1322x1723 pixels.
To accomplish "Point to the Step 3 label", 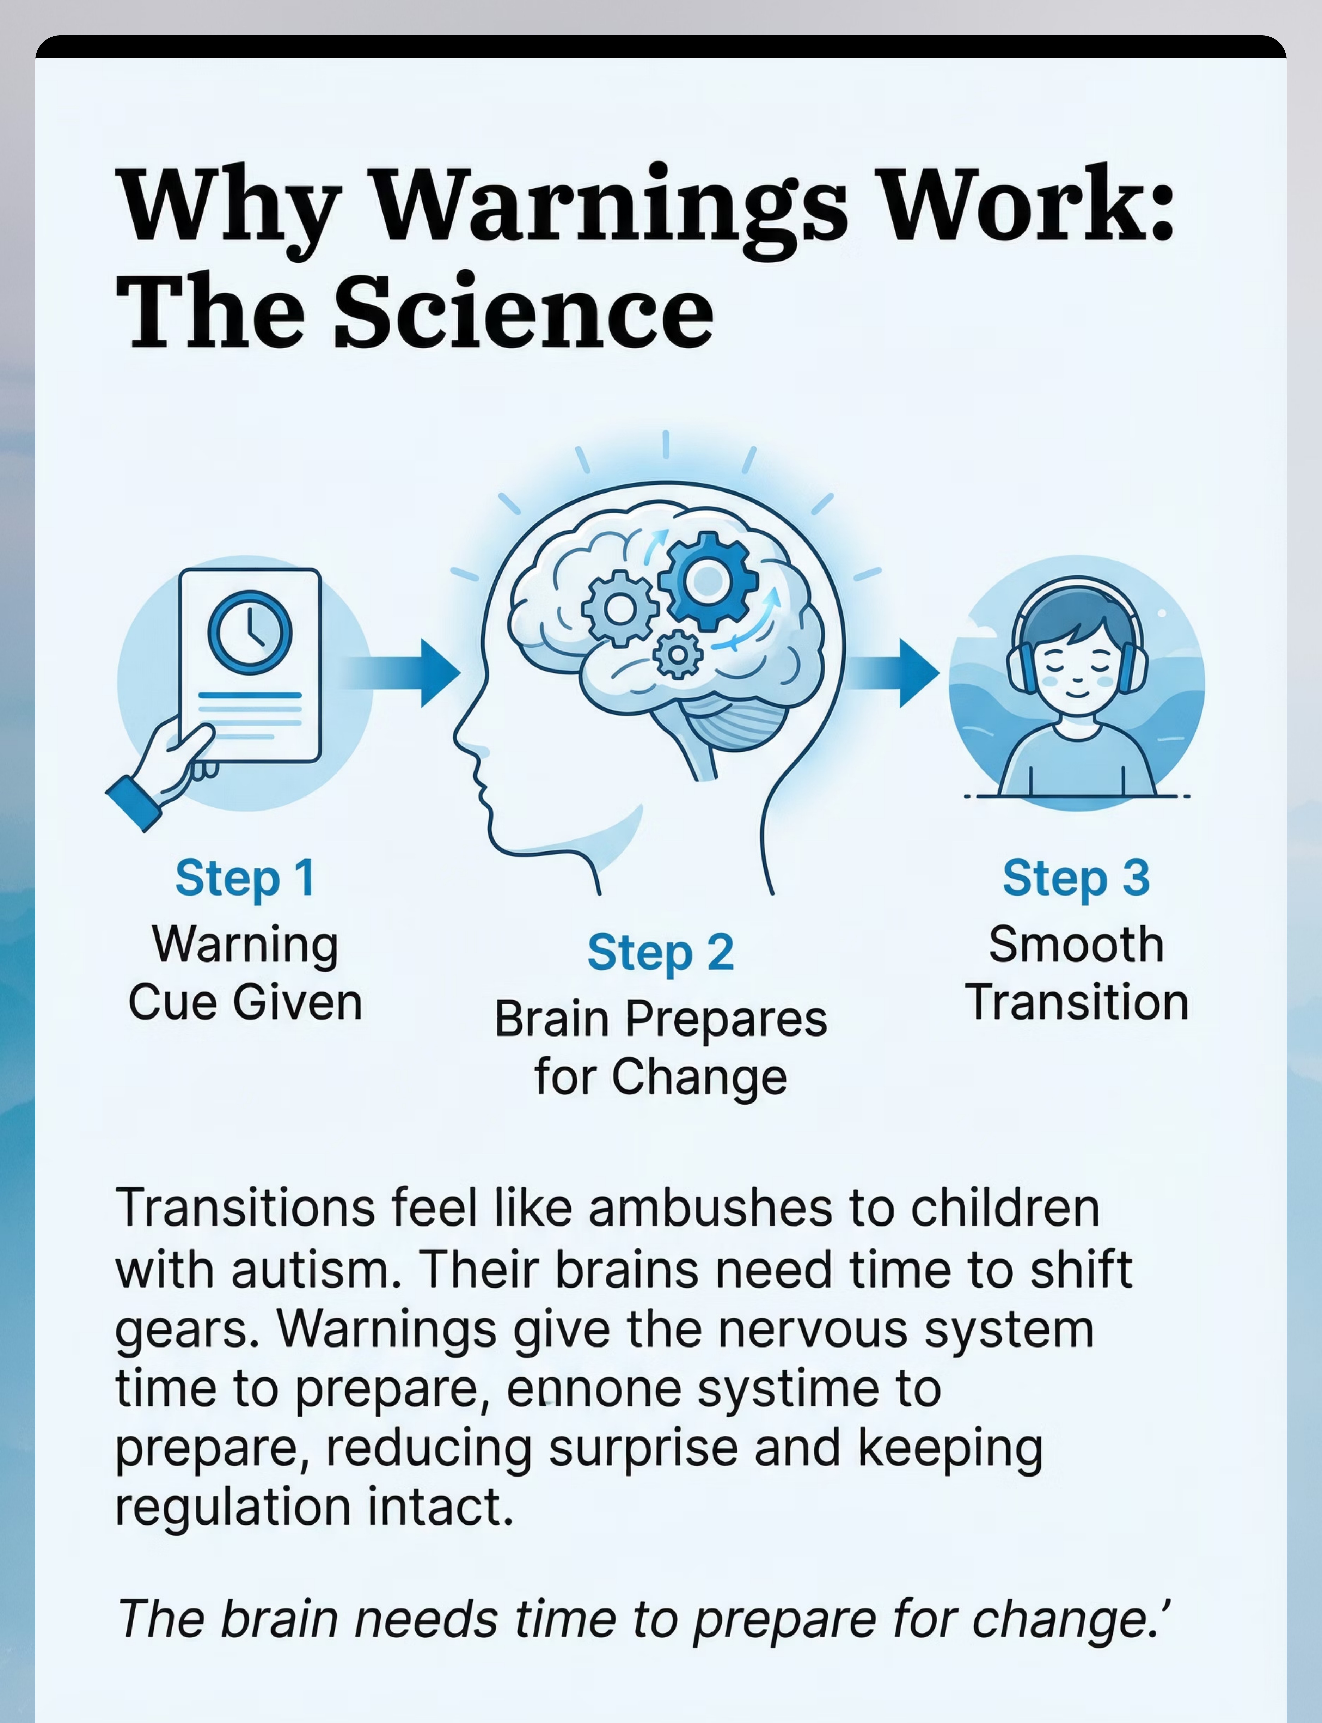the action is pos(1076,878).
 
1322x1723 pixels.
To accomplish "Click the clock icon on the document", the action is pos(250,633).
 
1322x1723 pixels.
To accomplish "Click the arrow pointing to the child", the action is pos(892,673).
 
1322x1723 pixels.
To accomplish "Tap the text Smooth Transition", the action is pos(1077,973).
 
